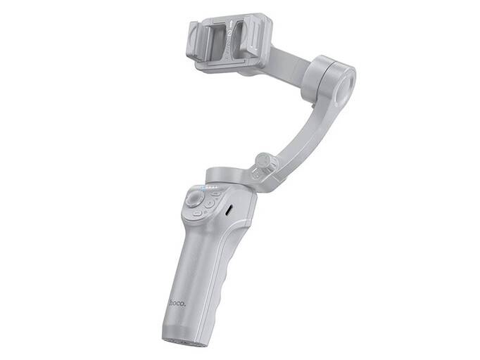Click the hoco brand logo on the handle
pyautogui.click(x=177, y=303)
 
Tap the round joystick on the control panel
pyautogui.click(x=194, y=200)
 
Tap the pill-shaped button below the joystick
pyautogui.click(x=198, y=214)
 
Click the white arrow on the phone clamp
pyautogui.click(x=232, y=24)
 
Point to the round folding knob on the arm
pyautogui.click(x=265, y=161)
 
